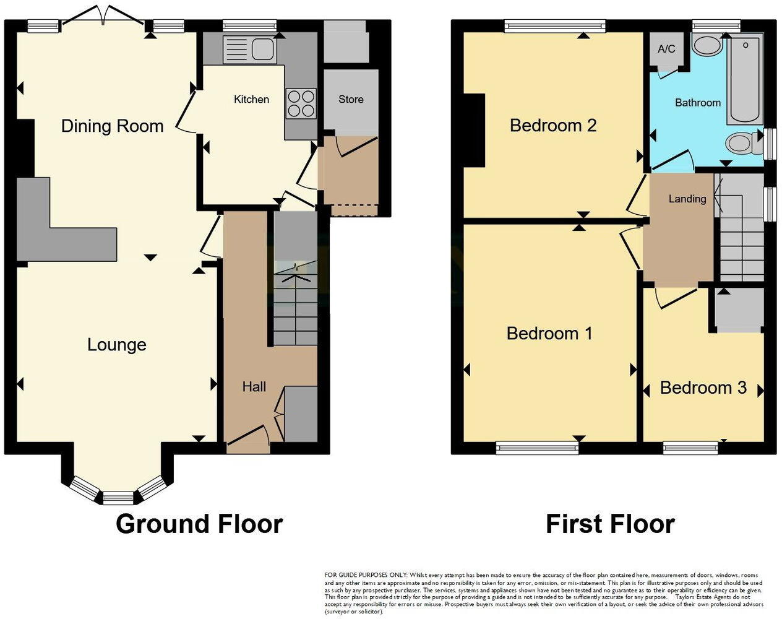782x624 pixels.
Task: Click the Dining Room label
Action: [112, 126]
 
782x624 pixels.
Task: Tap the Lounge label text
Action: [116, 345]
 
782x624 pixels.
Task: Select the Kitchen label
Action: [251, 99]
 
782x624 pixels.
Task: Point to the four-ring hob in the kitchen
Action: [301, 104]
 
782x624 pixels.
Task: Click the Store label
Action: [351, 99]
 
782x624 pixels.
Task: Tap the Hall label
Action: [254, 387]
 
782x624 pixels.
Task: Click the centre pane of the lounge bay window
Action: [118, 496]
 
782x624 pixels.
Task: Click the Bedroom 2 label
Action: [552, 126]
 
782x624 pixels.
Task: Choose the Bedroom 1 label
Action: [549, 334]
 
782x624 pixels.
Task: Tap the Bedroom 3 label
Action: [703, 388]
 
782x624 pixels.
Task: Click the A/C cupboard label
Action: [666, 49]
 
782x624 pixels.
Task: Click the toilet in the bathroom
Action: [742, 144]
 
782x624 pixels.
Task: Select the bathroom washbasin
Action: [707, 45]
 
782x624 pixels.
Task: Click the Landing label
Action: [687, 199]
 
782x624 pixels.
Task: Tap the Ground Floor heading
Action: [199, 524]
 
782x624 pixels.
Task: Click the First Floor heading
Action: [609, 524]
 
